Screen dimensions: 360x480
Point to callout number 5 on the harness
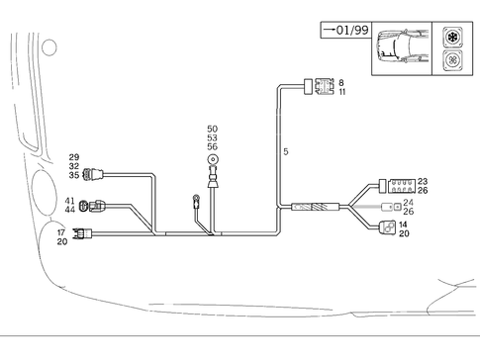tap(285, 152)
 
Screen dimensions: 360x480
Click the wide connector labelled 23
tap(399, 184)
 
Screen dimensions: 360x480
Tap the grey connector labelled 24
tap(392, 208)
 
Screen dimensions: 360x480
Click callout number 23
tap(423, 182)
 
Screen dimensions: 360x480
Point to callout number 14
tap(404, 225)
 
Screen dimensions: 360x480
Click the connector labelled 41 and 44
tap(96, 207)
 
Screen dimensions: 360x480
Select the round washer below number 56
tap(212, 159)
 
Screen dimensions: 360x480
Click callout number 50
tap(212, 130)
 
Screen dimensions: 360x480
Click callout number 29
tap(73, 158)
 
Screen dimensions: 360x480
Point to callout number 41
tap(70, 202)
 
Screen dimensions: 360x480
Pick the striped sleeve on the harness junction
tap(314, 209)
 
